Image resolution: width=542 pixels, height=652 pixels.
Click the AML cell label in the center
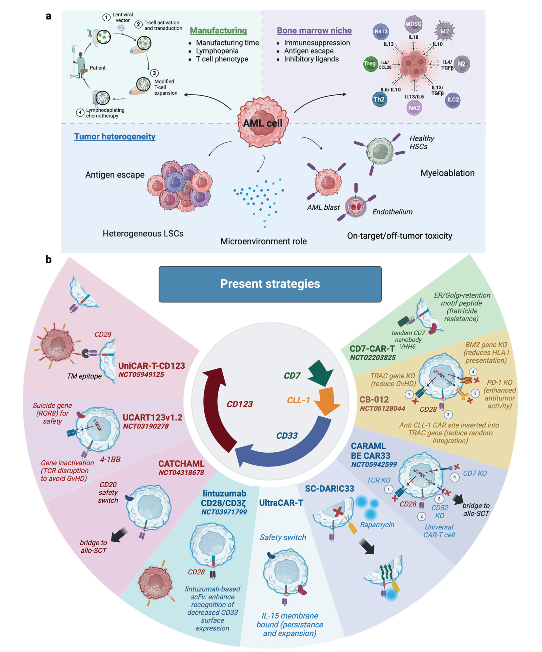(262, 123)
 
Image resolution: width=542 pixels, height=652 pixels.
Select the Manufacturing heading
(218, 31)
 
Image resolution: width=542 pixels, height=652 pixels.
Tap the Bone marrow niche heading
(314, 31)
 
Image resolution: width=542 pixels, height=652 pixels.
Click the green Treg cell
(370, 64)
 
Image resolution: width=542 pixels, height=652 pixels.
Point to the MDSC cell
(413, 24)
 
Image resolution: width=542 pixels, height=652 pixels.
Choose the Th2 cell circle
(379, 99)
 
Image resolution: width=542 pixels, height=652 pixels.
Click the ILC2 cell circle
(453, 100)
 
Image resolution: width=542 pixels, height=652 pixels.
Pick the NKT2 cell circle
(381, 32)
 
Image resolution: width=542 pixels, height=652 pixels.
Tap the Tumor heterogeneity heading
(115, 137)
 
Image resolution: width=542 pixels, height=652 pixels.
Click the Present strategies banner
(270, 284)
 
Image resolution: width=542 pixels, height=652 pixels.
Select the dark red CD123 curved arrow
(217, 407)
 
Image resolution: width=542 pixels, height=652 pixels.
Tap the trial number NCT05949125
(141, 375)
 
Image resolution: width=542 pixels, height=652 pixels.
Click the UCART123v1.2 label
(152, 418)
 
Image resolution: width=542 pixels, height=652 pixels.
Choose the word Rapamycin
(377, 525)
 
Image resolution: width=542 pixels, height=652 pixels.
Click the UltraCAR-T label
(281, 503)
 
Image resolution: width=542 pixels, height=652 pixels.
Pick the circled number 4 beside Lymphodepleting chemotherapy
(80, 112)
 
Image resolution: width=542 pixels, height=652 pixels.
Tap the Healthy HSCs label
(421, 142)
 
